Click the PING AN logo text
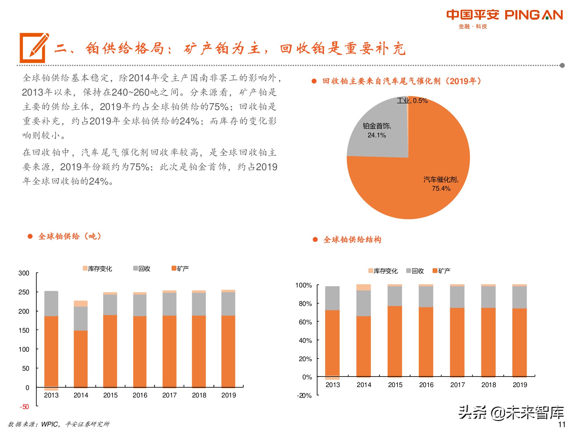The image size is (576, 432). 534,15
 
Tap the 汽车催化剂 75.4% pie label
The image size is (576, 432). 441,184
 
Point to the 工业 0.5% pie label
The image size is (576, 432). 412,101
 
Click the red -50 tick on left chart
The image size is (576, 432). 24,407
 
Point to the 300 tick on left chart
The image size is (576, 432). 24,273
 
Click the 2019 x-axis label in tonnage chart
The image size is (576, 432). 228,395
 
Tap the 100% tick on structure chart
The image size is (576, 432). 304,285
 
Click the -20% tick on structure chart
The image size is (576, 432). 304,395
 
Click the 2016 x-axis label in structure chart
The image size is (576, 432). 426,385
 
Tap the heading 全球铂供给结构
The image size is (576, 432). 352,240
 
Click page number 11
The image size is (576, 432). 562,424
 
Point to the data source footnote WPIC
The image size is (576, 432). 58,424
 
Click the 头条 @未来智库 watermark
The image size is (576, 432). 511,412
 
